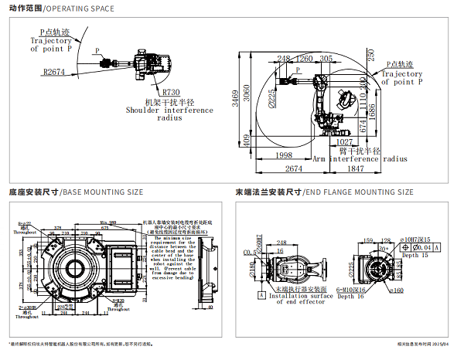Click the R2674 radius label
pyautogui.click(x=53, y=71)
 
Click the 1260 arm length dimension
pyautogui.click(x=305, y=59)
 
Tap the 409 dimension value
pyautogui.click(x=247, y=140)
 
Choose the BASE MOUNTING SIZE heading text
pyautogui.click(x=102, y=192)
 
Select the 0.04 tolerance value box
pyautogui.click(x=424, y=246)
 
